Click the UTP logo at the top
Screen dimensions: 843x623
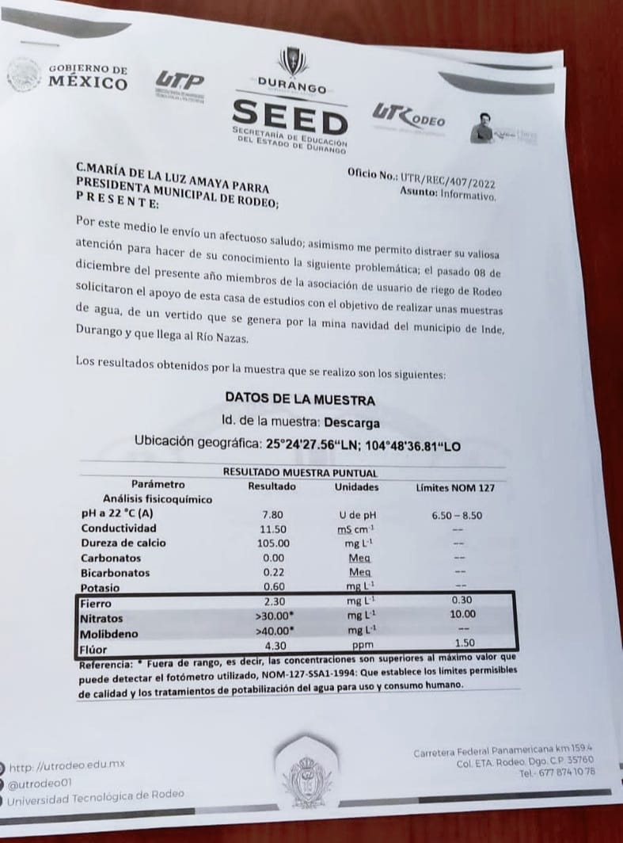pos(179,82)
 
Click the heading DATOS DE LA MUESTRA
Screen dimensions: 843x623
pos(300,399)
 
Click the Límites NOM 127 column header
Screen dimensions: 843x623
pos(456,488)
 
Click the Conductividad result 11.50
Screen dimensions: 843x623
pos(273,528)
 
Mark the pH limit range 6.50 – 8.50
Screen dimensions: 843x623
pos(457,515)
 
